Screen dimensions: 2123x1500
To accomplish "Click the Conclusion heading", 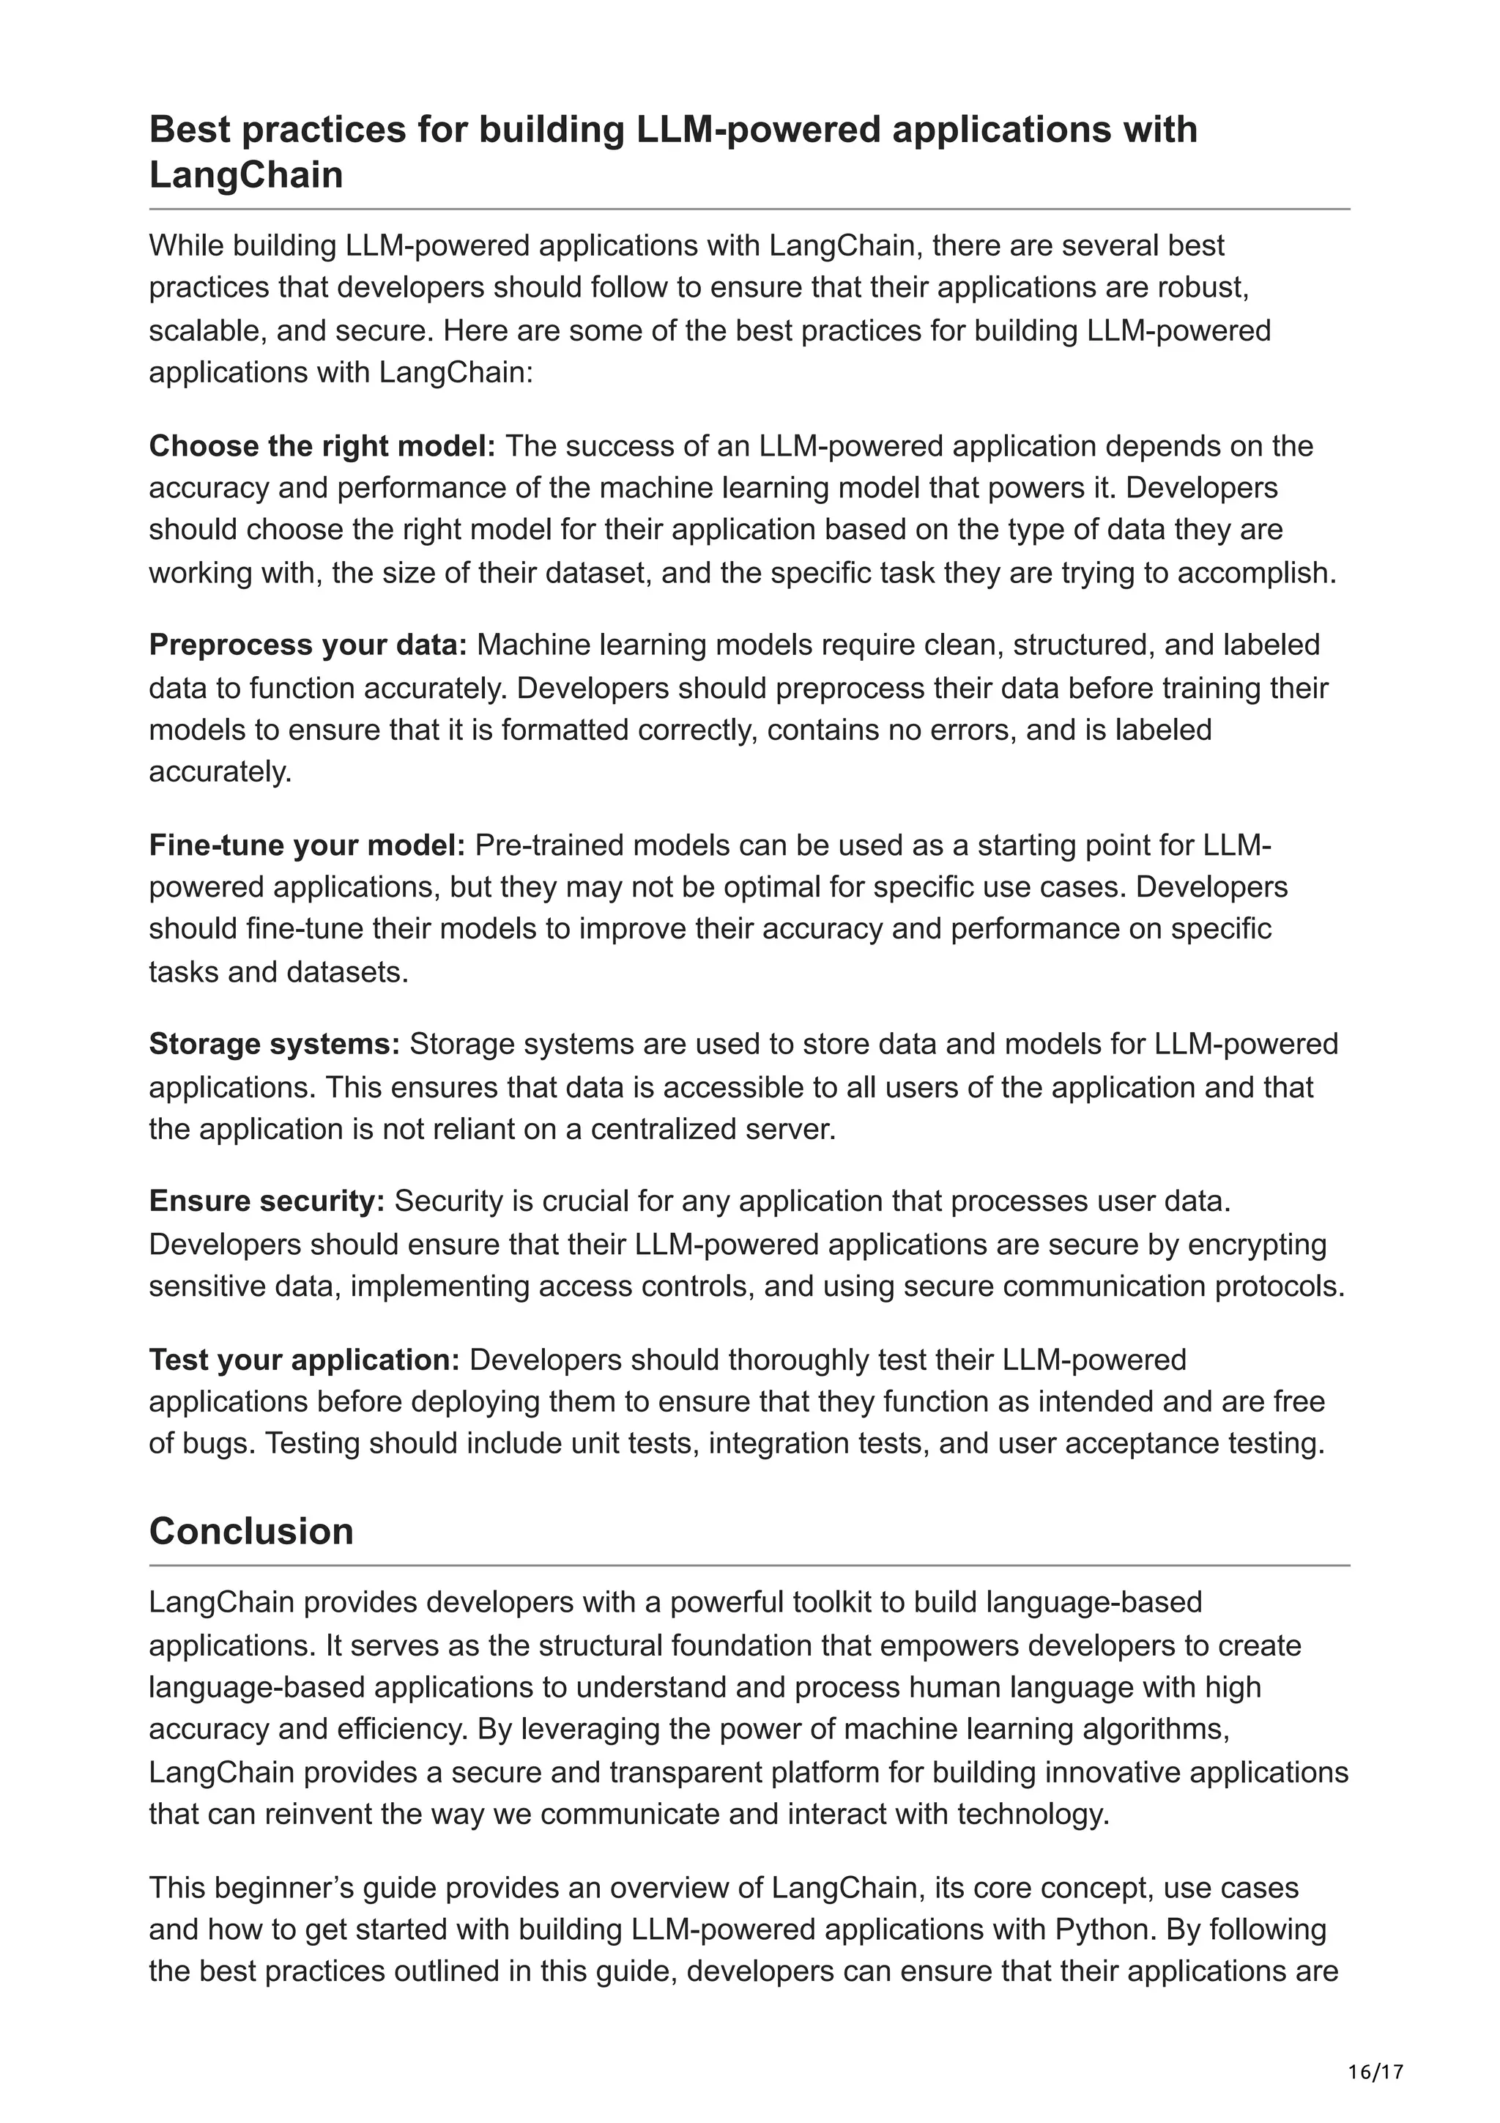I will (x=250, y=1531).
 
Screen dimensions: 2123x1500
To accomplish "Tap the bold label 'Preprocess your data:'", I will (x=308, y=645).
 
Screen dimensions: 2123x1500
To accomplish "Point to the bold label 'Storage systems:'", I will (x=275, y=1044).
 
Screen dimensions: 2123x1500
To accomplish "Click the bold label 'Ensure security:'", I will (x=266, y=1201).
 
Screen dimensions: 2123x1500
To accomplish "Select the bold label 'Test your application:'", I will (x=304, y=1360).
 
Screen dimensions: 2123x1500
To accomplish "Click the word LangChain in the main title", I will (x=246, y=175).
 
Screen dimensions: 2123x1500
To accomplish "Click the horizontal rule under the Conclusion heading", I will (x=749, y=1566).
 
